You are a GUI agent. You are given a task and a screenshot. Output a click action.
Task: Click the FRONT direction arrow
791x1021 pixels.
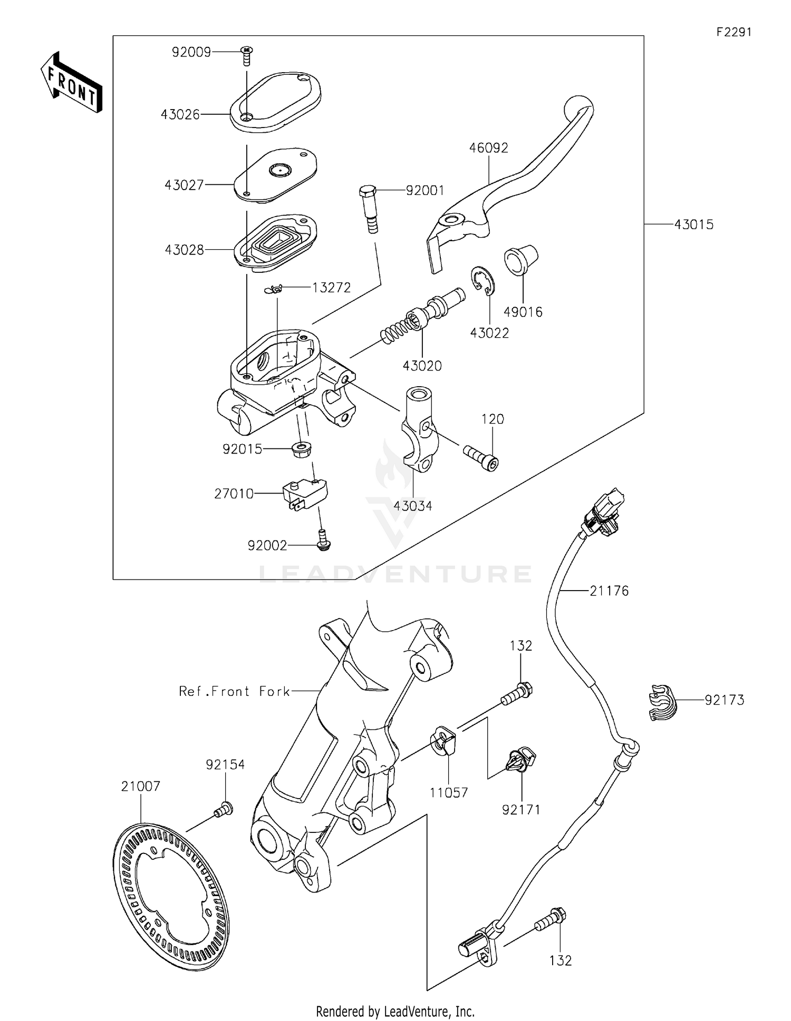coord(71,83)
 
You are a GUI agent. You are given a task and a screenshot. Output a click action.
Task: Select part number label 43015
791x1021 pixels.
coord(693,225)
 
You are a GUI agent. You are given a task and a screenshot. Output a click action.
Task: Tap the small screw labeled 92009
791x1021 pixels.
coord(246,54)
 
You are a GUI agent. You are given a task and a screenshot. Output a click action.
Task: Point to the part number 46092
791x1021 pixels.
coord(488,148)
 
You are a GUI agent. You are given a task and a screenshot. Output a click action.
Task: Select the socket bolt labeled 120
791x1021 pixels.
coord(481,457)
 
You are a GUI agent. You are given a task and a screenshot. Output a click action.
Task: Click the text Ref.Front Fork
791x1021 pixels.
coord(234,691)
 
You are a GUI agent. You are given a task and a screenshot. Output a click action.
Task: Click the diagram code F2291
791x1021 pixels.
coord(734,32)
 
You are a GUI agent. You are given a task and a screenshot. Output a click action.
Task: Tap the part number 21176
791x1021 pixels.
coord(609,591)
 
